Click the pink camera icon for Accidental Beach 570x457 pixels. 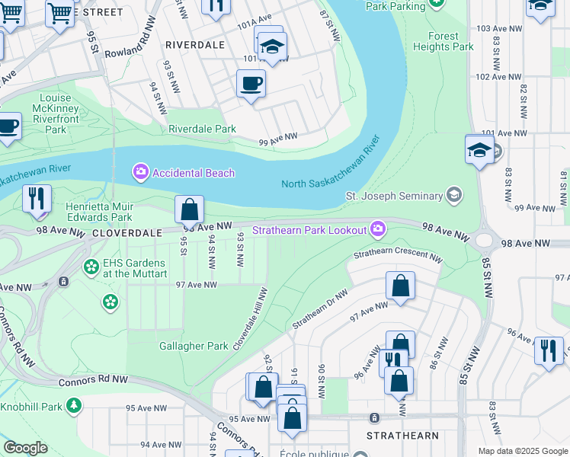140,172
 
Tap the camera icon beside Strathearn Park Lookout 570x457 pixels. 378,228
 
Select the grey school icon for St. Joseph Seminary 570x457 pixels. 455,196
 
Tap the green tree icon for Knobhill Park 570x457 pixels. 74,406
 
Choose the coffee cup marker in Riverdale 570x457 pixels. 250,84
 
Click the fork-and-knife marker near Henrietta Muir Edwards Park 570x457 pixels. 37,198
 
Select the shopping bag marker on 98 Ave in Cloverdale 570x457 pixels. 189,209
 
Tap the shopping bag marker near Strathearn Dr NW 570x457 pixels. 400,286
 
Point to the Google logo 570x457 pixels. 25,448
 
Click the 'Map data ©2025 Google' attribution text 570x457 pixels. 522,451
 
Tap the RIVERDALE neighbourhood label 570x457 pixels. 195,45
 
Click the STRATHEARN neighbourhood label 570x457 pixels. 402,436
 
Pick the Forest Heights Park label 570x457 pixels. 444,41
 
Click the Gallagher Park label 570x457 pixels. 194,346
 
